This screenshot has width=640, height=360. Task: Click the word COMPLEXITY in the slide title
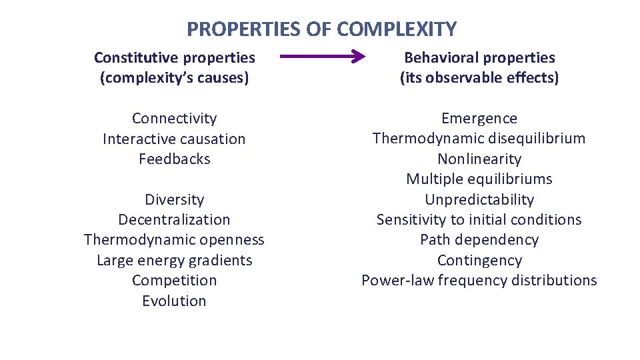397,29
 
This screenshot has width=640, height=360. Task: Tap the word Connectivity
174,119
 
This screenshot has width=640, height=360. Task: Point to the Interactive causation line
174,139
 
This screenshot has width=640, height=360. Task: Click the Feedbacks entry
174,159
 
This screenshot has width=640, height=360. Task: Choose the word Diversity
174,199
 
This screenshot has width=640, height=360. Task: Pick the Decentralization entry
174,219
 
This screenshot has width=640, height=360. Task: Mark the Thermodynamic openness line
174,240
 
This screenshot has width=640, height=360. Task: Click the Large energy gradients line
174,260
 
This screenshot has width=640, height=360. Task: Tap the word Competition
174,280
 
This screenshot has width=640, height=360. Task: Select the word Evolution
174,301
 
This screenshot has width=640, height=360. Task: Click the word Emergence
479,119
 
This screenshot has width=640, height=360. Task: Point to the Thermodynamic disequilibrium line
479,139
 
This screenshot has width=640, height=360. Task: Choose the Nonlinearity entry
479,159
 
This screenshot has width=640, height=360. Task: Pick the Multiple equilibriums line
479,179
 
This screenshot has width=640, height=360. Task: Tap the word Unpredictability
479,199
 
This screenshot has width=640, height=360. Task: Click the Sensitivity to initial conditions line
479,219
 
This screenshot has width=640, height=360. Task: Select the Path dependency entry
479,240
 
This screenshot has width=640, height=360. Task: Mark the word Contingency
479,260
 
